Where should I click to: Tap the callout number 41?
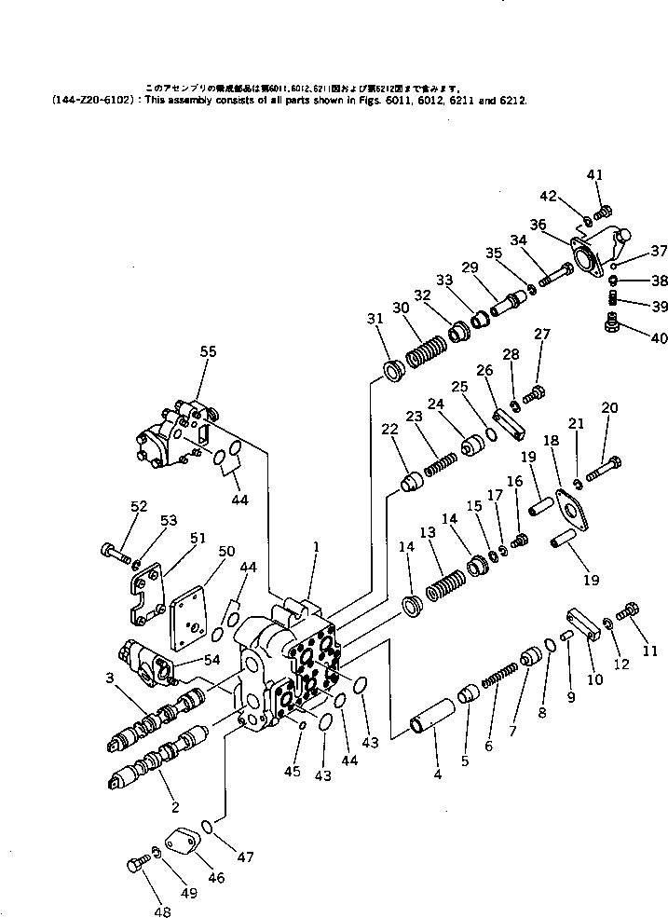[595, 174]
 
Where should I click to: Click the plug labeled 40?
[612, 322]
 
